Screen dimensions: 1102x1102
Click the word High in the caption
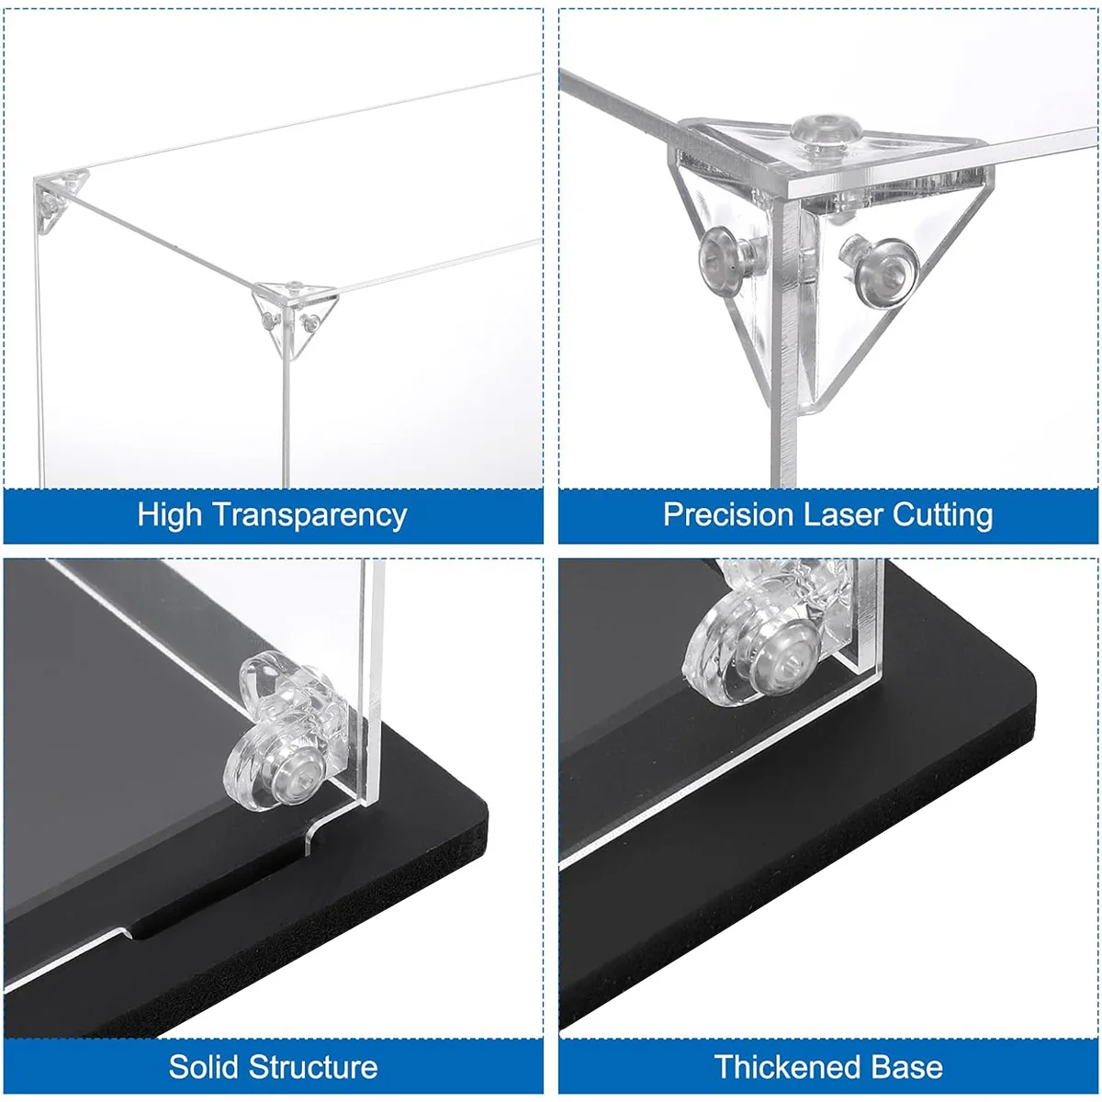point(169,514)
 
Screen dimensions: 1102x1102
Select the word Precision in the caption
point(728,514)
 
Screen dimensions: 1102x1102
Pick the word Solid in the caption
point(203,1066)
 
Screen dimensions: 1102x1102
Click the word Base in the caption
point(909,1067)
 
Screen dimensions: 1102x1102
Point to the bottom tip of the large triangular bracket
point(811,407)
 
